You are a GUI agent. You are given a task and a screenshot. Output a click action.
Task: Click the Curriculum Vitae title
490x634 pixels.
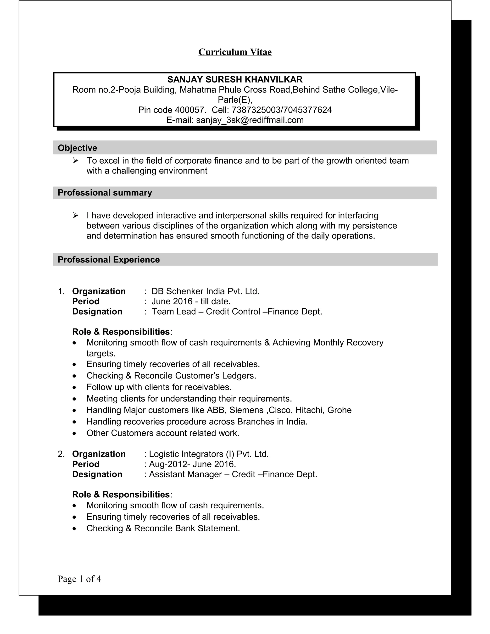235,52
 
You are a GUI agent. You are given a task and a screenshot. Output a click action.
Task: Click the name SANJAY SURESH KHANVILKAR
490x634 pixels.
235,79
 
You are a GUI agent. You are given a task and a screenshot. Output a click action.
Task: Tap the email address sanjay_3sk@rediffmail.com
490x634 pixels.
250,120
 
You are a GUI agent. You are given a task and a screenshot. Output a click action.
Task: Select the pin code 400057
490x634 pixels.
190,110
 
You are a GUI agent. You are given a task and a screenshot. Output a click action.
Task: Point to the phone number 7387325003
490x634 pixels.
256,110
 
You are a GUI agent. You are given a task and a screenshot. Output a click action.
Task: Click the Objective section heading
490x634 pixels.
77,148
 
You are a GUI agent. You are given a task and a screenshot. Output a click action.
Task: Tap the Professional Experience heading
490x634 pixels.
109,259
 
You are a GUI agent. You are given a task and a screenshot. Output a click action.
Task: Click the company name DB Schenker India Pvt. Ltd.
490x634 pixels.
205,291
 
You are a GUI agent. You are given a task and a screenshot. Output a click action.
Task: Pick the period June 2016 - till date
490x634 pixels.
191,301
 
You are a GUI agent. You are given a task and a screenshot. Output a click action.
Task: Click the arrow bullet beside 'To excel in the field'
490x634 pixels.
75,161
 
